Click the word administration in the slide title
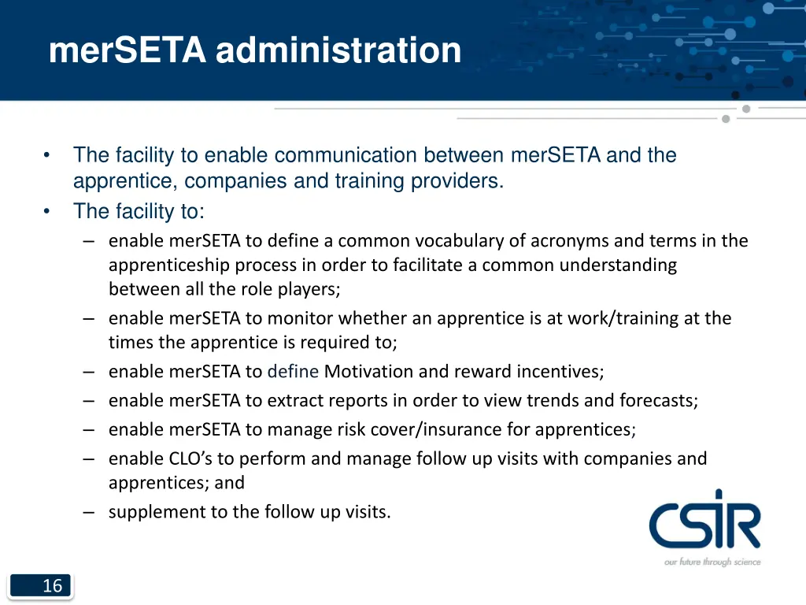click(x=338, y=51)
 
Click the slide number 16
click(x=52, y=585)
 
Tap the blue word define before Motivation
click(x=293, y=371)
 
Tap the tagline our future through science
click(x=712, y=562)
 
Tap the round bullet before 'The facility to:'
click(x=48, y=211)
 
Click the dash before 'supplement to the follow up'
click(x=88, y=512)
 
